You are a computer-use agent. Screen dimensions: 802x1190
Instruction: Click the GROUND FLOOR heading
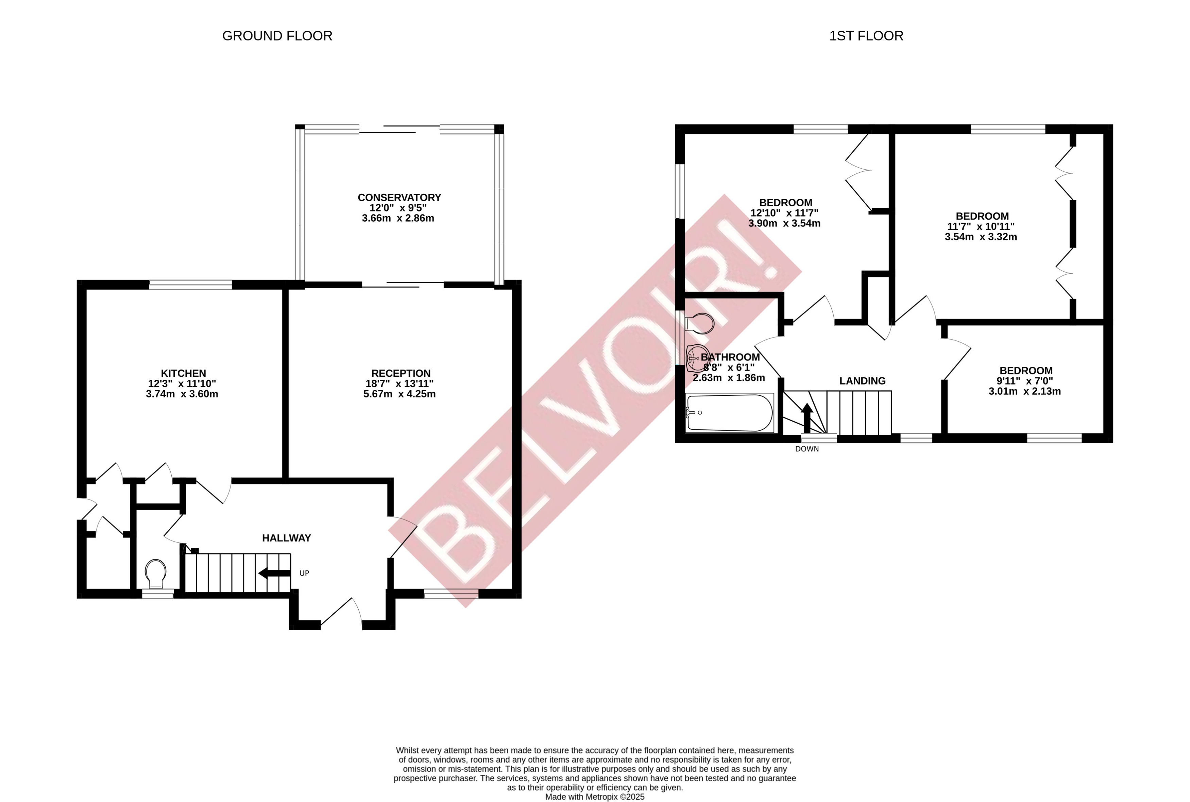click(277, 36)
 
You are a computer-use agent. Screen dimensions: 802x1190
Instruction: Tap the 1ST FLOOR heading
click(866, 36)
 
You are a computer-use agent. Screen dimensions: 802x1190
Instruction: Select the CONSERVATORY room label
click(399, 198)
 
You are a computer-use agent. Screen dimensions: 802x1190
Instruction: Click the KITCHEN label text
click(183, 373)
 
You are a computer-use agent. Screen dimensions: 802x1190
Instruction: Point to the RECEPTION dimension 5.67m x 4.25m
click(400, 394)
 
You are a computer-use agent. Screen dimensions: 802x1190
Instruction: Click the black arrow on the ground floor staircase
click(275, 573)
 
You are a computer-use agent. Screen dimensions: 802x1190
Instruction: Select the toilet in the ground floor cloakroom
click(155, 574)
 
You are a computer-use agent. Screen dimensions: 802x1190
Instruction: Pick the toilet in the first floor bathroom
click(700, 323)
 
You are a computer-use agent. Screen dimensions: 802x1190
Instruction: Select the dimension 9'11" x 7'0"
click(1024, 381)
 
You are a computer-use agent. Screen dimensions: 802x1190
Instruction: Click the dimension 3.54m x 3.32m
click(980, 237)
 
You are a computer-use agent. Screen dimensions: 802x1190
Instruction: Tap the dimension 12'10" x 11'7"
click(784, 213)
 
